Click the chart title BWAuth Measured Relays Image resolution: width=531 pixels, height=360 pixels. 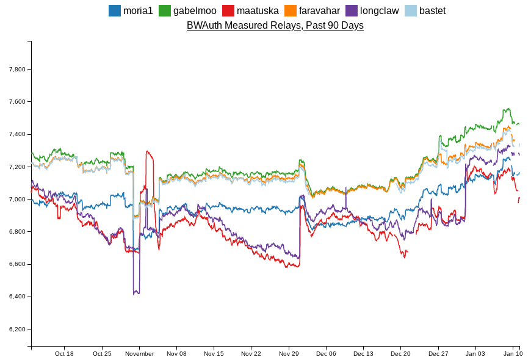click(x=275, y=25)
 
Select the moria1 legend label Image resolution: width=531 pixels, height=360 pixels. click(x=138, y=10)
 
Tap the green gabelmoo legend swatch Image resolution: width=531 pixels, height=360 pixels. click(x=165, y=10)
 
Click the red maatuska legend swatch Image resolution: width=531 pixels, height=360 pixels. click(x=228, y=10)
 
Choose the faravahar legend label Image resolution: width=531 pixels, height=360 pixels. click(x=319, y=10)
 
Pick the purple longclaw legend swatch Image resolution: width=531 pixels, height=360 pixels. click(x=352, y=10)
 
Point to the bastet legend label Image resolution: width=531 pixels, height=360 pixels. click(x=432, y=10)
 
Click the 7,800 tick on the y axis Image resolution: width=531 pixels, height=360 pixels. click(x=17, y=69)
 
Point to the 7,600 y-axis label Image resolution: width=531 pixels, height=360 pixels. click(x=17, y=102)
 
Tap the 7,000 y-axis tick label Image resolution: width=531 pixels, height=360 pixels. click(x=17, y=200)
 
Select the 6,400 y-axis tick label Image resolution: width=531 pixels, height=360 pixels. click(x=17, y=297)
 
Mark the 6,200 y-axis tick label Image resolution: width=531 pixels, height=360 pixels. click(x=17, y=329)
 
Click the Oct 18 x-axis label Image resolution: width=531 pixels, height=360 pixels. click(x=64, y=353)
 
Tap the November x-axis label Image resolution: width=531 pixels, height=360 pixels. click(x=139, y=353)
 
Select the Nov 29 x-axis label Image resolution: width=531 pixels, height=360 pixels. click(x=289, y=353)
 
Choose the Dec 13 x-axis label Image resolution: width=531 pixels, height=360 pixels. click(x=363, y=353)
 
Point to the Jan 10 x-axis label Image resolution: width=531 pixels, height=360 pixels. click(x=513, y=353)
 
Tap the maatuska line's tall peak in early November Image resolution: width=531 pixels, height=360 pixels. click(x=147, y=151)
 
